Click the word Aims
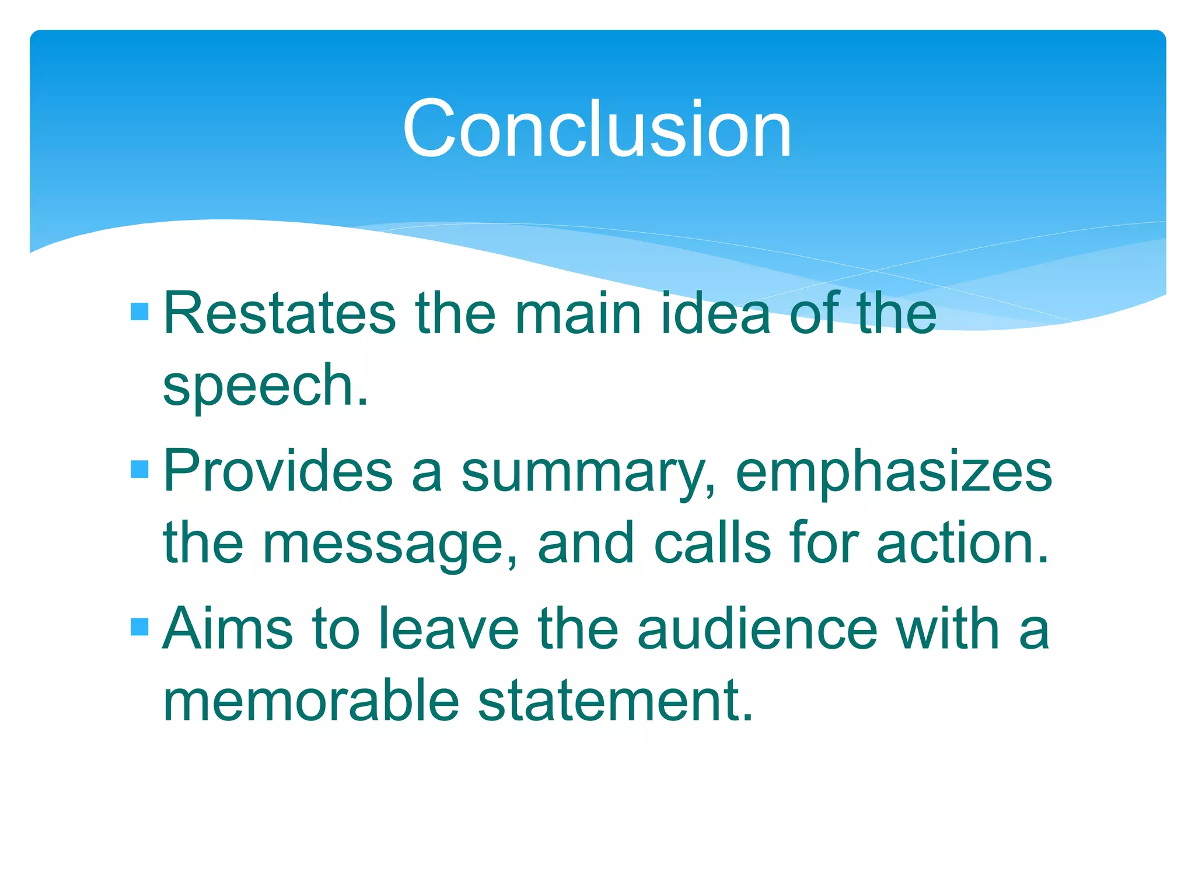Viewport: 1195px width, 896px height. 228,629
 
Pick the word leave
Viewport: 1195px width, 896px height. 448,629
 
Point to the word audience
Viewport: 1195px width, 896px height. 757,629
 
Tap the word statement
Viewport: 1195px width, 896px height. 615,701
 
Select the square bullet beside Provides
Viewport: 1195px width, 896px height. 140,469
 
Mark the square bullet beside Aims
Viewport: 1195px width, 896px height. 140,626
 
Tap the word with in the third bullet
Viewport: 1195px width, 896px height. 948,629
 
